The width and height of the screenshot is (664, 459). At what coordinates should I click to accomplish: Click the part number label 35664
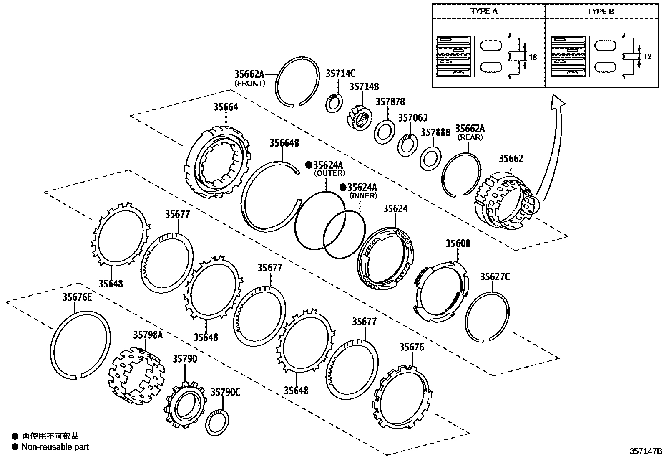(226, 107)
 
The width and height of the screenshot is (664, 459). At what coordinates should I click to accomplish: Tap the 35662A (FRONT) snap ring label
(249, 75)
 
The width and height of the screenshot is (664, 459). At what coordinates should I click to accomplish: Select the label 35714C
(340, 74)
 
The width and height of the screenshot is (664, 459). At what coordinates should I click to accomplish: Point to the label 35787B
(390, 102)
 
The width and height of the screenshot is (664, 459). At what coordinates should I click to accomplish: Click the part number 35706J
(412, 118)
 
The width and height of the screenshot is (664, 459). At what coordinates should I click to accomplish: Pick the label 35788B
(435, 132)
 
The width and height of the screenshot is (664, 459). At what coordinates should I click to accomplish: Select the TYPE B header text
(601, 11)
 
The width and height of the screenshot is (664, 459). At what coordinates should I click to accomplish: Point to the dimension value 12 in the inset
(647, 56)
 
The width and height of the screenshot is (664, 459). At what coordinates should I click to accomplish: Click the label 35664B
(284, 143)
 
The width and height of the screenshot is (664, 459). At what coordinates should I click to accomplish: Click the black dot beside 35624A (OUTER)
(309, 165)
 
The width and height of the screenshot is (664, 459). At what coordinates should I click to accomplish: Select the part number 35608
(458, 243)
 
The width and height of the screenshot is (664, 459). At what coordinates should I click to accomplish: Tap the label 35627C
(495, 277)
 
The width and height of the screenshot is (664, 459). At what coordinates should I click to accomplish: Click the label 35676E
(77, 297)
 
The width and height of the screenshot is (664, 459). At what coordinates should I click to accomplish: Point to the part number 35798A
(148, 335)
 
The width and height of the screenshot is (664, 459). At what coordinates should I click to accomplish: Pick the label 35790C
(225, 392)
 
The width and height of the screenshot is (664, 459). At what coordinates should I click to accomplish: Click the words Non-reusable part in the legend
(55, 447)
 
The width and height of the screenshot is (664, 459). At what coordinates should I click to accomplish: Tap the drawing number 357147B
(646, 451)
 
